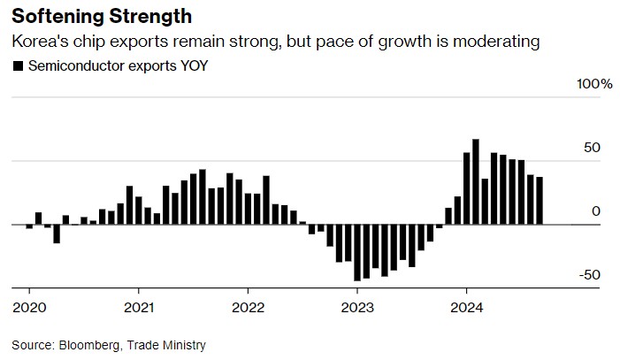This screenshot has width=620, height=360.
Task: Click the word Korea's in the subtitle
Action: point(37,42)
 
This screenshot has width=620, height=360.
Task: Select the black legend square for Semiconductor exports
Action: point(17,65)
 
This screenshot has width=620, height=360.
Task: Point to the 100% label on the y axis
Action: point(594,84)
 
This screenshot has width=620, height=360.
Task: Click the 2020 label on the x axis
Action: point(28,308)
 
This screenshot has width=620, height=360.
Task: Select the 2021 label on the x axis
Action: point(138,308)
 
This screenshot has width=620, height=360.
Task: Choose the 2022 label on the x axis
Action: point(248,308)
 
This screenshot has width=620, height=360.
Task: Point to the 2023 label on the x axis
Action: point(357,308)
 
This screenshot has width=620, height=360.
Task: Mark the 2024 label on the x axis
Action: point(466,308)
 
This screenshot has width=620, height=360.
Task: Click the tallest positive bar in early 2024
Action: point(475,181)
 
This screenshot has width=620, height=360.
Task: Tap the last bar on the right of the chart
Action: point(540,201)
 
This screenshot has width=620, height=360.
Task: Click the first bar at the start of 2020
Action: point(29,226)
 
